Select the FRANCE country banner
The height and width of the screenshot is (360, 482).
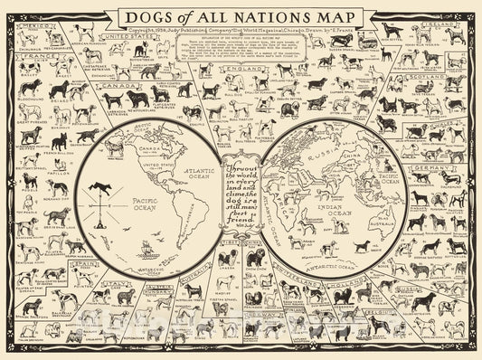(x=30, y=56)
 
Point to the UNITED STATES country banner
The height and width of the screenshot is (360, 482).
(x=125, y=35)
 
